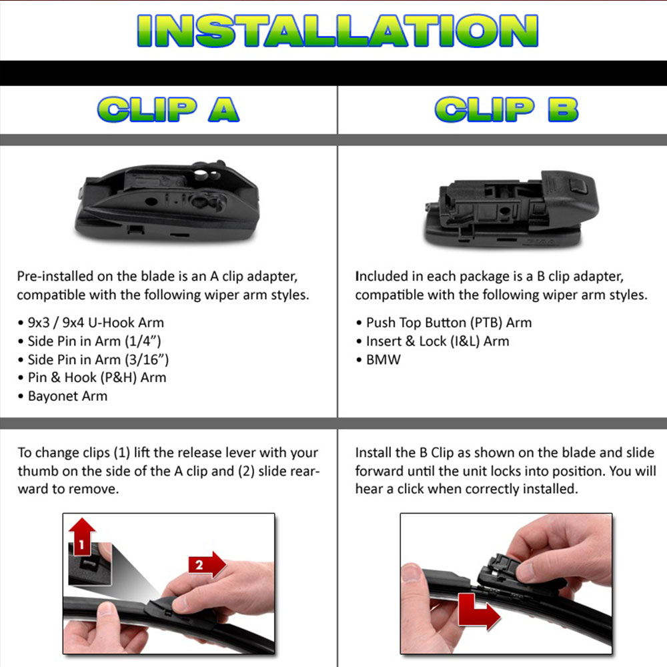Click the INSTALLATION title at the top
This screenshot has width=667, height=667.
(x=337, y=31)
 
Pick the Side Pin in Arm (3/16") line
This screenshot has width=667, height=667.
(x=98, y=360)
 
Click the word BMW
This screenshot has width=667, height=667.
(x=384, y=360)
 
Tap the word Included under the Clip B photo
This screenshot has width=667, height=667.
(x=380, y=276)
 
